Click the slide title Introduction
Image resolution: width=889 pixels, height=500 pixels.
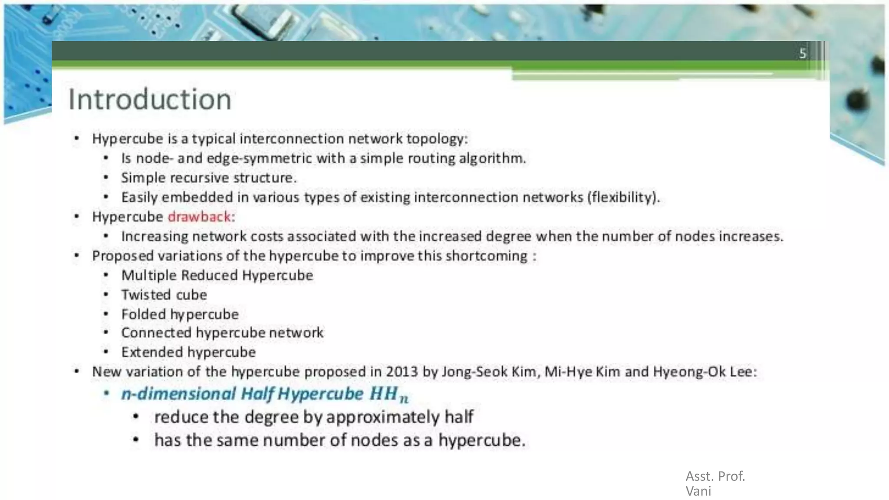(x=150, y=99)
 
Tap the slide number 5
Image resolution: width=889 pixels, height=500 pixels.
(x=803, y=53)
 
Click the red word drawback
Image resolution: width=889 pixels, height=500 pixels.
(x=199, y=217)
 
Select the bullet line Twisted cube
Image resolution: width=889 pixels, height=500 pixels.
(x=164, y=295)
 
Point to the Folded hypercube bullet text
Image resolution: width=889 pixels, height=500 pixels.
(x=180, y=314)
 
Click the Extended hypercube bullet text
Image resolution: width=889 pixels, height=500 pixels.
(x=188, y=352)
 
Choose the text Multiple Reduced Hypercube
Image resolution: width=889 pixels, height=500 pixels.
(x=217, y=275)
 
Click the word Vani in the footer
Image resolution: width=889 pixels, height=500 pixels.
(x=698, y=491)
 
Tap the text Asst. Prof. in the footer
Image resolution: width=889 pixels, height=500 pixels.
(x=715, y=476)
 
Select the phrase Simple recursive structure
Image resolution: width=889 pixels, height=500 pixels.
(x=208, y=178)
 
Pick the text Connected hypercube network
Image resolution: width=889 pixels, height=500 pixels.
(x=222, y=333)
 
